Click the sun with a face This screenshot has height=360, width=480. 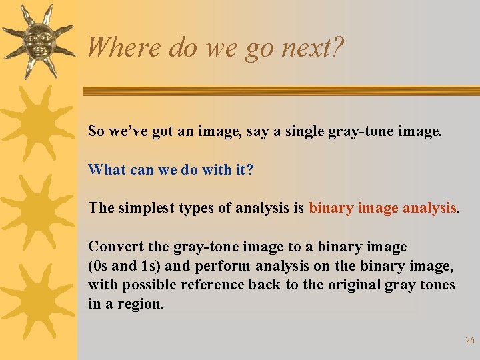pyautogui.click(x=37, y=41)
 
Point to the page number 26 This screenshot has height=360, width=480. pyautogui.click(x=469, y=341)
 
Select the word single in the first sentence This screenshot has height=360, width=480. pyautogui.click(x=305, y=131)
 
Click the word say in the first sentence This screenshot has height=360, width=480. pyautogui.click(x=258, y=131)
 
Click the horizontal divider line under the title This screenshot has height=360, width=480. pyautogui.click(x=280, y=91)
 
